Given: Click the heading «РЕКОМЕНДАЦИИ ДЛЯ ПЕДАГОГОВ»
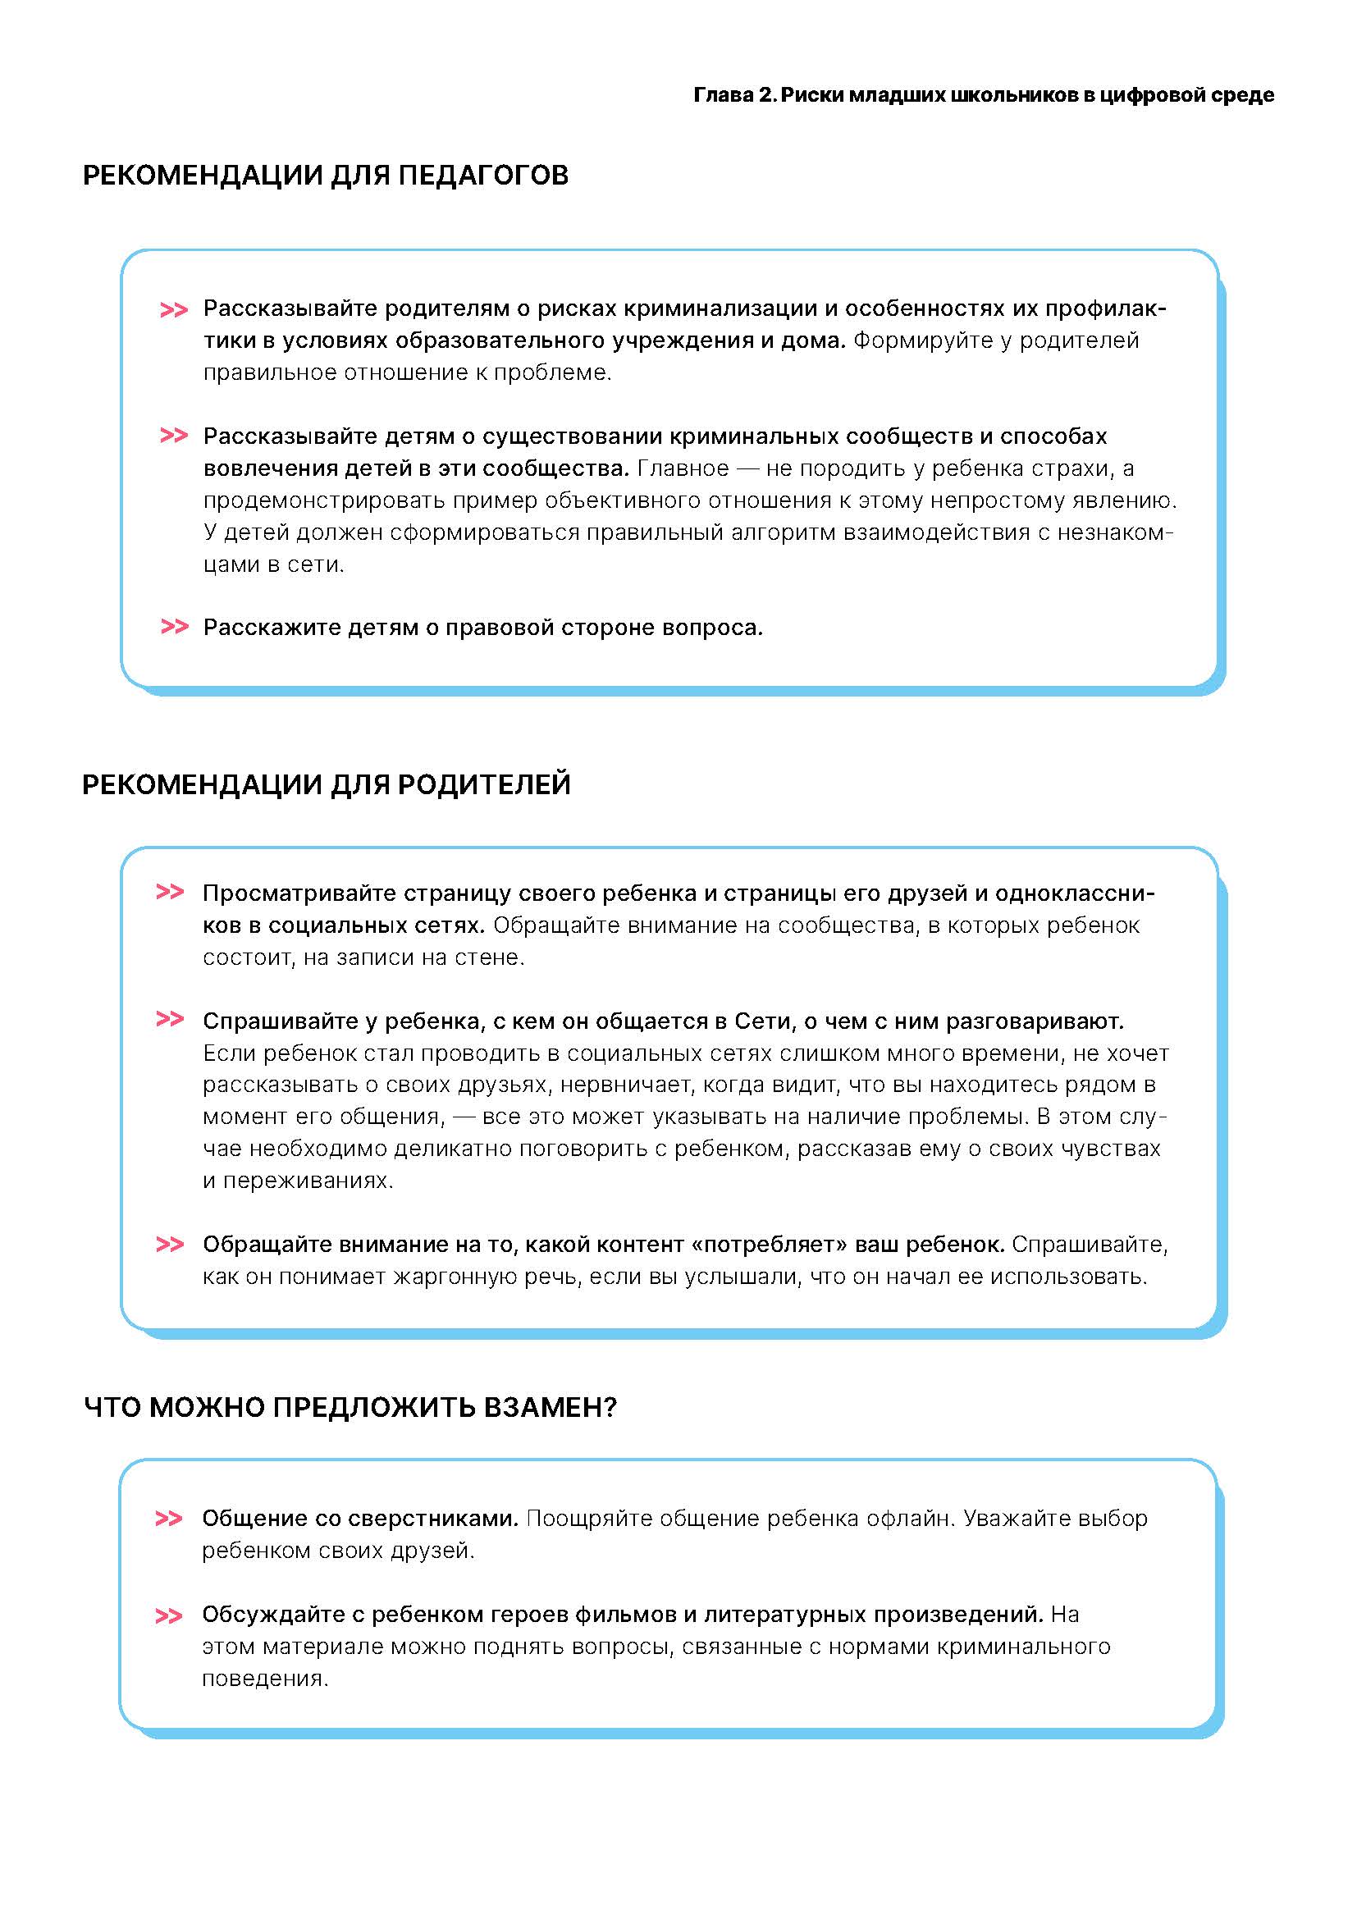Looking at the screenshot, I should point(325,176).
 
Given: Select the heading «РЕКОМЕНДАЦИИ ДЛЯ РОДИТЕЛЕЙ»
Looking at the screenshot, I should point(326,785).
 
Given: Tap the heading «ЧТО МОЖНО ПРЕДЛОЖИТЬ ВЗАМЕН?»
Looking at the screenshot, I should point(350,1408).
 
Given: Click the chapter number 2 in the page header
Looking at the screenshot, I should point(765,95).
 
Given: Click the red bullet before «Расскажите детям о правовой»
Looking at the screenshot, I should point(174,627).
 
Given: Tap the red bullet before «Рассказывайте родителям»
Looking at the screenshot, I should point(173,310).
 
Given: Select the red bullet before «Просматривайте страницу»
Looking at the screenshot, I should point(170,893).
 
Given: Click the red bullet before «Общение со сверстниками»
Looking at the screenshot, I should point(169,1519).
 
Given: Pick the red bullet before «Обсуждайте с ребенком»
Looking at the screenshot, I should point(169,1616).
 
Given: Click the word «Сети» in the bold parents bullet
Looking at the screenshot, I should point(760,1021).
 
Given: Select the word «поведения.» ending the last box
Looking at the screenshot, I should point(265,1679).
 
